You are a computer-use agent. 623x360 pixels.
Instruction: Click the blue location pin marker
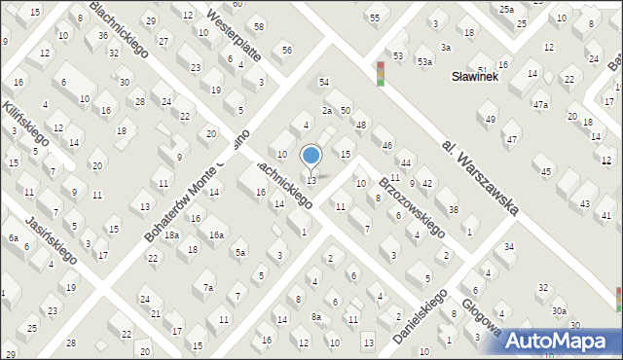(311, 156)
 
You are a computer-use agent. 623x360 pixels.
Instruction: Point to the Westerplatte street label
(235, 34)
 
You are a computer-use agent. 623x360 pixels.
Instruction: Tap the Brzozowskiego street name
(411, 207)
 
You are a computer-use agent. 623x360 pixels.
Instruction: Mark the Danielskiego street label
(420, 314)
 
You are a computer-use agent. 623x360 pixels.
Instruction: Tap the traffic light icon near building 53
(381, 73)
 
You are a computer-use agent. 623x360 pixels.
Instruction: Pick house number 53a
(424, 61)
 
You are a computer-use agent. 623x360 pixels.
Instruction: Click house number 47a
(540, 104)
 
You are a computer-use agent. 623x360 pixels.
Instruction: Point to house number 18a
(171, 235)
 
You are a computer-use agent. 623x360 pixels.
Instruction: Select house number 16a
(216, 235)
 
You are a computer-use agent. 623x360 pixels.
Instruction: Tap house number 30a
(559, 311)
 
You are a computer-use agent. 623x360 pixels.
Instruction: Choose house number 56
(286, 50)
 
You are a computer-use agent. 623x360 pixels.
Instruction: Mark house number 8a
(315, 317)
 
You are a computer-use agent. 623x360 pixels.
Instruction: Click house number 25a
(506, 9)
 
